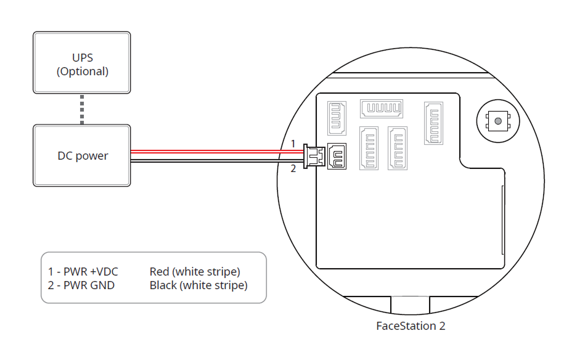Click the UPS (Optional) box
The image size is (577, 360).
pyautogui.click(x=82, y=63)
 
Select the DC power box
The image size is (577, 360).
pyautogui.click(x=82, y=155)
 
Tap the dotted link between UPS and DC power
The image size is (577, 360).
pyautogui.click(x=82, y=109)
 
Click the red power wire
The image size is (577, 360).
pyautogui.click(x=216, y=150)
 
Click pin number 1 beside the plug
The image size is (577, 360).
pyautogui.click(x=294, y=144)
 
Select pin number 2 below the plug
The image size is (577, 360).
pyautogui.click(x=294, y=168)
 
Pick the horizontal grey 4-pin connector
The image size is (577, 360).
pyautogui.click(x=382, y=109)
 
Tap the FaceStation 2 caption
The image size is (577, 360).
pyautogui.click(x=411, y=326)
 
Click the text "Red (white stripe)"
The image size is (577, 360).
pyautogui.click(x=195, y=271)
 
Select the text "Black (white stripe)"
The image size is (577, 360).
pyautogui.click(x=198, y=285)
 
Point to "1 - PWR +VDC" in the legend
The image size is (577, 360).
pyautogui.click(x=83, y=271)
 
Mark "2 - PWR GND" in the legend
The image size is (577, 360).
pyautogui.click(x=81, y=285)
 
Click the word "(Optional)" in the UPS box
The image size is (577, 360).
pyautogui.click(x=83, y=71)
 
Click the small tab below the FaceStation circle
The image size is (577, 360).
pyautogui.click(x=411, y=304)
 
